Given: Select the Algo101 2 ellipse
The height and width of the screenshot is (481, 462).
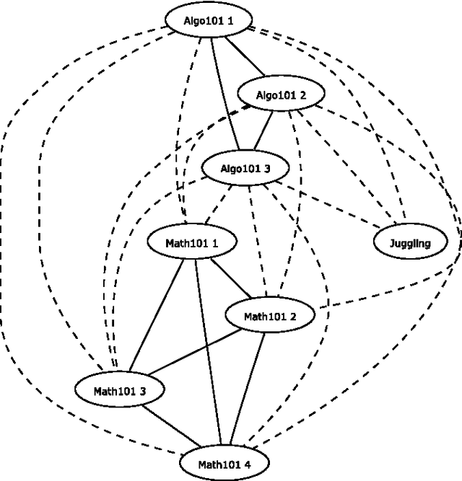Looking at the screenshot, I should pos(282,94).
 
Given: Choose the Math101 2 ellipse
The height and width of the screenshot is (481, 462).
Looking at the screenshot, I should pos(270,316).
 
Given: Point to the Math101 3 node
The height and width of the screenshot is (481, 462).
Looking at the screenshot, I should pos(120,390).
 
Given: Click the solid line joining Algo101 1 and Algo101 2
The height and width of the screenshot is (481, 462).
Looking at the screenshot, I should pos(245,57).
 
